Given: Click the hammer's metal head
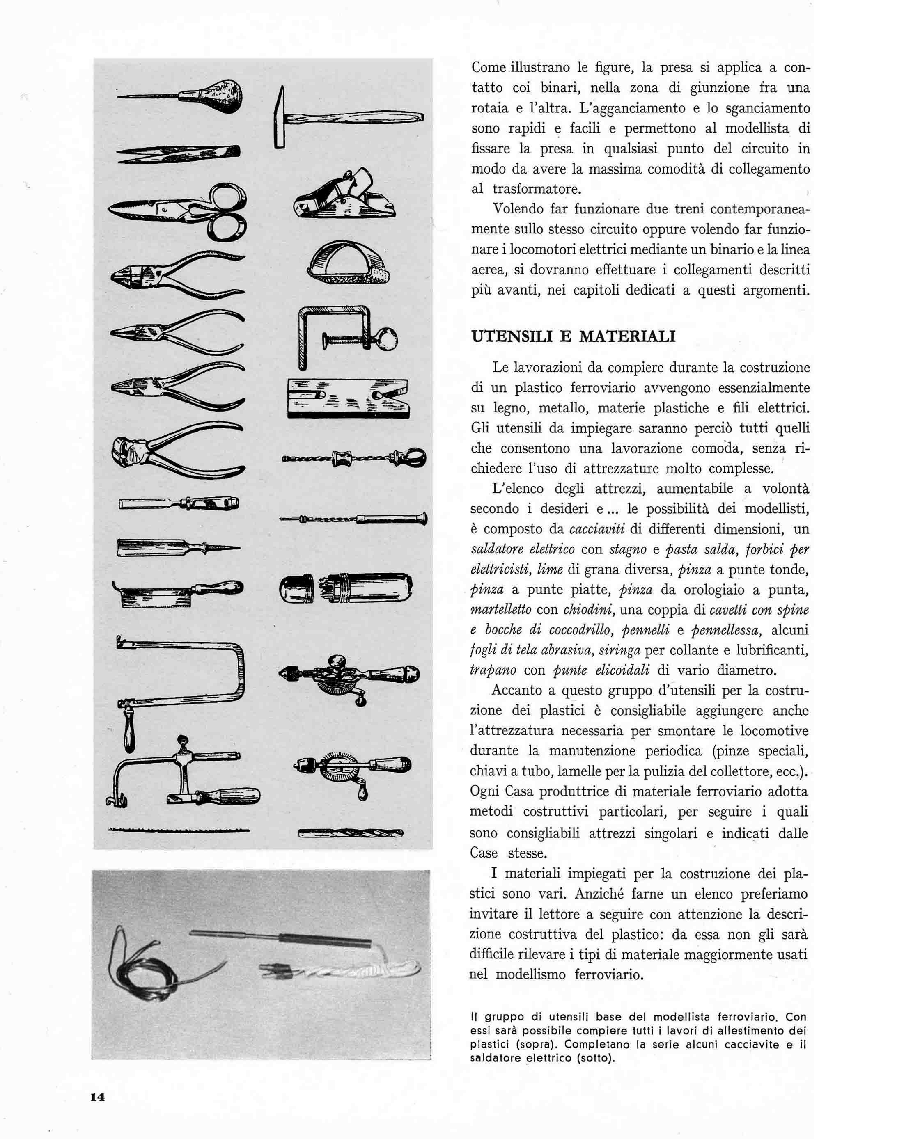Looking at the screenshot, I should click(280, 118).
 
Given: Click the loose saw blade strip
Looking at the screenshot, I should click(179, 831).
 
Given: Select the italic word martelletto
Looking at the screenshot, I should click(500, 610).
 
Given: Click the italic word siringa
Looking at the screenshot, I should click(620, 650).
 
